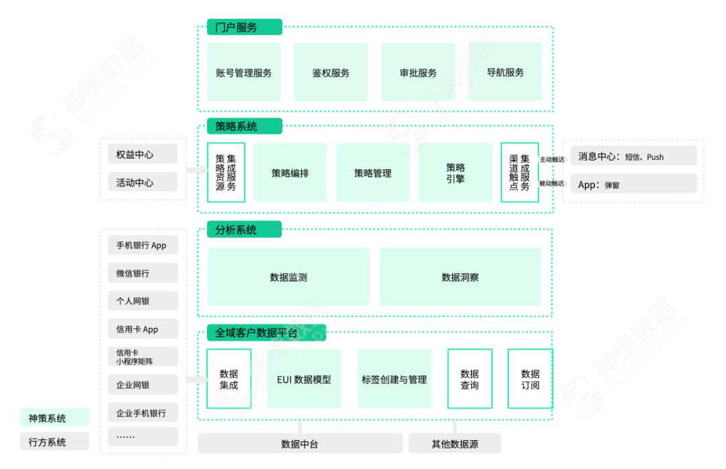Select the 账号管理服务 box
click(243, 73)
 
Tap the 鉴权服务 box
click(331, 73)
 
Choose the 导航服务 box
click(505, 73)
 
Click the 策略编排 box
click(290, 173)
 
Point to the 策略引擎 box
click(455, 173)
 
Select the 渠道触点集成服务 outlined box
click(520, 173)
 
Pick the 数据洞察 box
click(460, 277)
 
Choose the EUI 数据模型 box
click(304, 379)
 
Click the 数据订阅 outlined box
click(530, 379)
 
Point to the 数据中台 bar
click(299, 443)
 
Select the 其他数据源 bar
click(455, 443)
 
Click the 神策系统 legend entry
click(54, 418)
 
